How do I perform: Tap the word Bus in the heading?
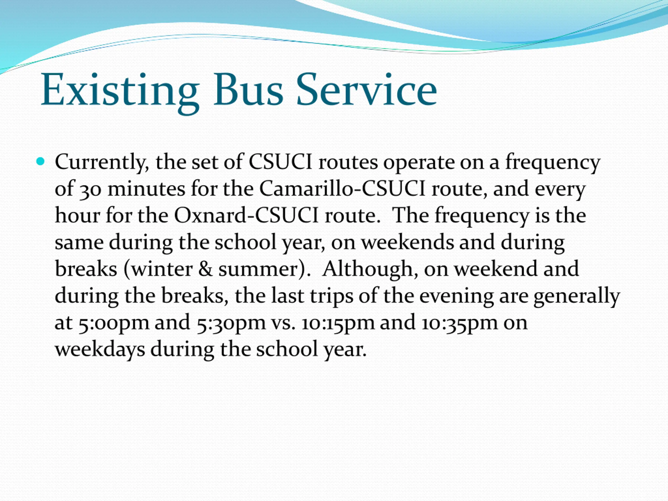[x=248, y=90]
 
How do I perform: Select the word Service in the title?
[x=367, y=90]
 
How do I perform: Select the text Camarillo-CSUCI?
[x=342, y=189]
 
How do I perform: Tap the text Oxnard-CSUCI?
[x=246, y=216]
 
